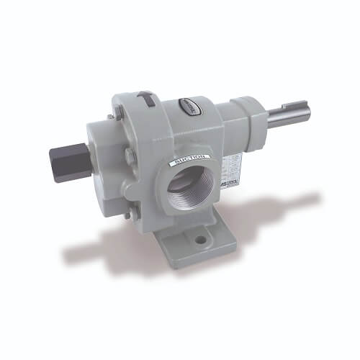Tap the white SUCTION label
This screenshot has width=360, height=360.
click(189, 159)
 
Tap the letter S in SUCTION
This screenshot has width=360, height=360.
click(174, 163)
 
